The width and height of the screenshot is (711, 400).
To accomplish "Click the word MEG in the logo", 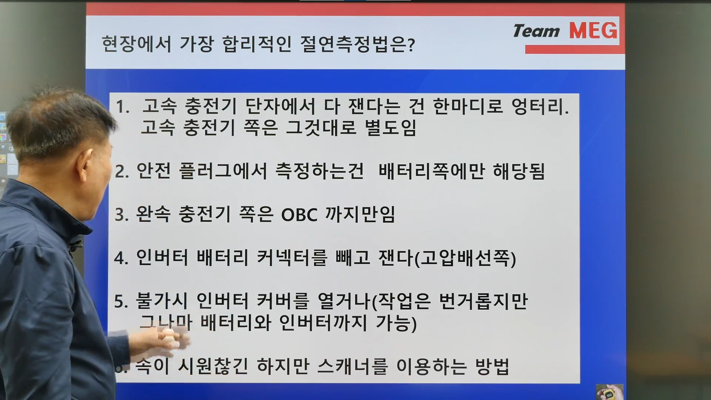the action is tap(593, 30).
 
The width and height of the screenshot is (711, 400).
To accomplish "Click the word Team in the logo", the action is tap(536, 31).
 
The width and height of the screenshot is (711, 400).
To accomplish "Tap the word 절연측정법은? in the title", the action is tap(357, 44).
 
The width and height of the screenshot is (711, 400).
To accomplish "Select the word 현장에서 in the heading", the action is tap(136, 44).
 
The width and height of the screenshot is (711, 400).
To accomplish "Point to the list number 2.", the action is tap(122, 172).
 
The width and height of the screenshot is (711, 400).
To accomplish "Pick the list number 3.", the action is tap(122, 215).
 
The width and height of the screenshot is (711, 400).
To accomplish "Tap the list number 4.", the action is tap(121, 258).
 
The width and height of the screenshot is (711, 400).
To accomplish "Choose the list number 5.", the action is tap(121, 302).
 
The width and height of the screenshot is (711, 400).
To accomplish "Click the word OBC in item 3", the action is tap(299, 215).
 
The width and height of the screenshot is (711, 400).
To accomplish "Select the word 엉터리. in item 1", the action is tap(540, 106).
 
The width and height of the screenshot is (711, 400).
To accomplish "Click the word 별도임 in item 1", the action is tap(391, 128).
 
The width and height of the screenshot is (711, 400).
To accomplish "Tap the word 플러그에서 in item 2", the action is tap(223, 171).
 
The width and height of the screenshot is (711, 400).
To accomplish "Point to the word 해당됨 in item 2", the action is tap(519, 171).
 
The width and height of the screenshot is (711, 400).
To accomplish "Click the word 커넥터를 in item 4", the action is tap(292, 257).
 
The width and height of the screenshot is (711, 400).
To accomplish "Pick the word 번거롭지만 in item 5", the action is tap(483, 301).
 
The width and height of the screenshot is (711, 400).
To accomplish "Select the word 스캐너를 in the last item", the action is tap(353, 366).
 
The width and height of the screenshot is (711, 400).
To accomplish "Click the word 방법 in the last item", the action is tap(493, 366).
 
